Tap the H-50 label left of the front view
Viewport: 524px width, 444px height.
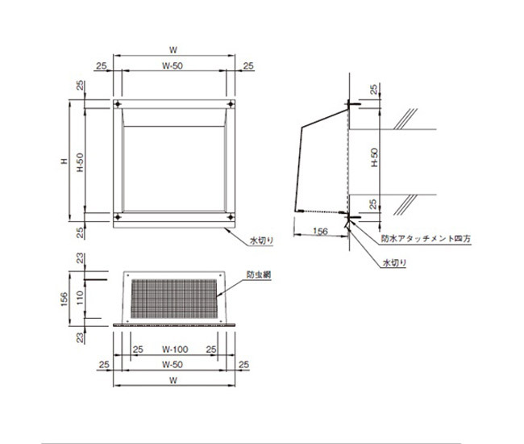click(x=80, y=161)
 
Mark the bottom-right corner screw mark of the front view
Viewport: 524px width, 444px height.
click(x=232, y=216)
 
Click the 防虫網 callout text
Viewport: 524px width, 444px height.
click(x=259, y=275)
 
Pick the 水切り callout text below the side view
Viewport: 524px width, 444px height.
click(x=395, y=263)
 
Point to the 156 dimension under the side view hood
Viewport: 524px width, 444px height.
click(x=320, y=231)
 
